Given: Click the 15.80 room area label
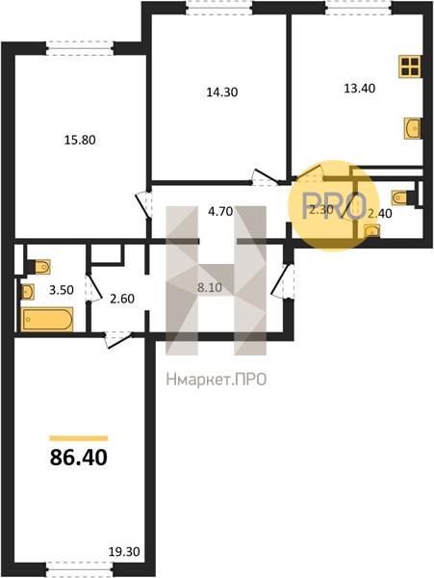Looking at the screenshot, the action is [80, 140].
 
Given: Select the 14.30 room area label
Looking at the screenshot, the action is [222, 92].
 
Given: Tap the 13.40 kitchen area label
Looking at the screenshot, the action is [359, 89].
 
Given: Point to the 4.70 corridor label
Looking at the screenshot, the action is [220, 212].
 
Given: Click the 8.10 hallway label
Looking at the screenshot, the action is [210, 287].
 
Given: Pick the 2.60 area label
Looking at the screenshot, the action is [122, 299].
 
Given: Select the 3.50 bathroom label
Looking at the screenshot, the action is [61, 290].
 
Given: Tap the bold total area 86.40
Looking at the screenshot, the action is [78, 458].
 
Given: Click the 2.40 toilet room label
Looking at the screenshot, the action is [380, 214].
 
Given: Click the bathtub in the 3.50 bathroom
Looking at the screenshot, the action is [47, 320].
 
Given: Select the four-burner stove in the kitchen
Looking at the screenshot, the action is [409, 66].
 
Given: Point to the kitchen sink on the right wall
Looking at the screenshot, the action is [412, 128].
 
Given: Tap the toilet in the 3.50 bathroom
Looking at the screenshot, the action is [39, 267].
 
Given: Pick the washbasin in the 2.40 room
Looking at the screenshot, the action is [372, 232].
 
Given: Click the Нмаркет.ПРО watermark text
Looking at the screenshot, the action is [217, 380].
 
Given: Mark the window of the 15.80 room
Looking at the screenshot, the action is [79, 49].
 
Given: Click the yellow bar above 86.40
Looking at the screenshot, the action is [78, 438].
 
